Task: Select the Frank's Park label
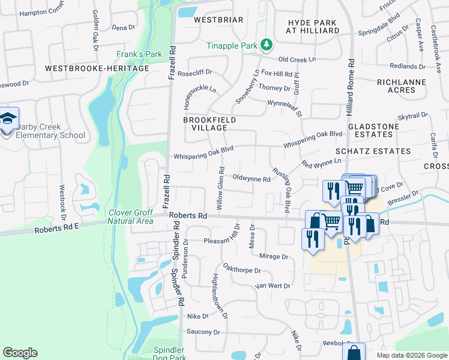pyautogui.click(x=139, y=55)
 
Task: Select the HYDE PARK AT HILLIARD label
pyautogui.click(x=313, y=25)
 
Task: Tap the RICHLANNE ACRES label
pyautogui.click(x=401, y=86)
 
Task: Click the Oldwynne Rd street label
pyautogui.click(x=251, y=178)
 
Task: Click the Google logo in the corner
pyautogui.click(x=20, y=353)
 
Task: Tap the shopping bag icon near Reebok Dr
pyautogui.click(x=354, y=351)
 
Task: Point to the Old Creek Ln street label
pyautogui.click(x=297, y=59)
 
